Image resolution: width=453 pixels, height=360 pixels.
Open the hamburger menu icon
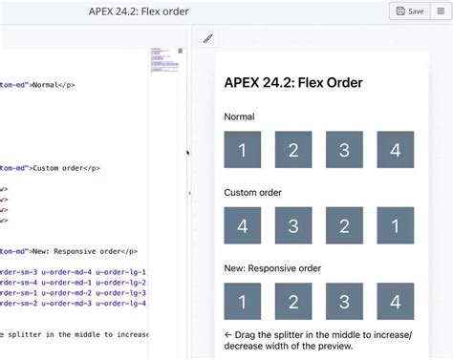coord(441,11)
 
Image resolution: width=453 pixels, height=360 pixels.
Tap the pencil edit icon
coord(207,39)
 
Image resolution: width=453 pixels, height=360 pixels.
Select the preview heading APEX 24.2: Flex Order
coord(293,82)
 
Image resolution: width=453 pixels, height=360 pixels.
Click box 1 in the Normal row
coord(243,150)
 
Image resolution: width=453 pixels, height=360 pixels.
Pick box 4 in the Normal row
coord(395,150)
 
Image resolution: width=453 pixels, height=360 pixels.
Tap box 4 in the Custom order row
coord(243,225)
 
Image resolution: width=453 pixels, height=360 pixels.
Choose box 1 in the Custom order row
coord(395,225)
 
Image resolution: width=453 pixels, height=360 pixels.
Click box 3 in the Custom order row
coord(293,225)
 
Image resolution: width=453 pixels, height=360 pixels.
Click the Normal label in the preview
coord(240,116)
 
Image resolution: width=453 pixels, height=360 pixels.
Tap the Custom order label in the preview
coord(253,192)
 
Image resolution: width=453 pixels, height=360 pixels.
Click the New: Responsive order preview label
coord(272,267)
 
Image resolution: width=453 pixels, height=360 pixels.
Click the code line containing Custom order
coord(57,168)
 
